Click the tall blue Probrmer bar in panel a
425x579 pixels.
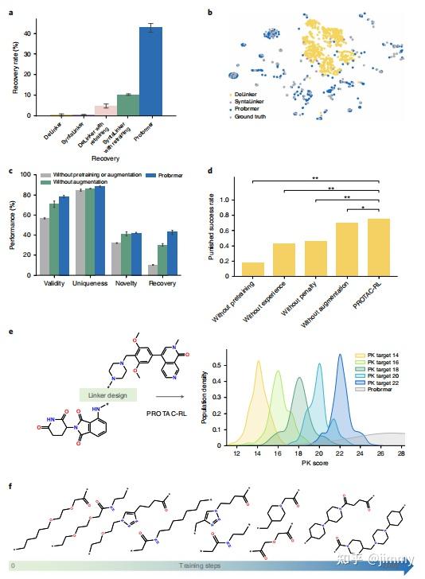[x=151, y=72]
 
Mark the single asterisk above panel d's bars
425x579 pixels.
[x=365, y=208]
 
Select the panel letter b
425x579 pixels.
[x=210, y=14]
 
